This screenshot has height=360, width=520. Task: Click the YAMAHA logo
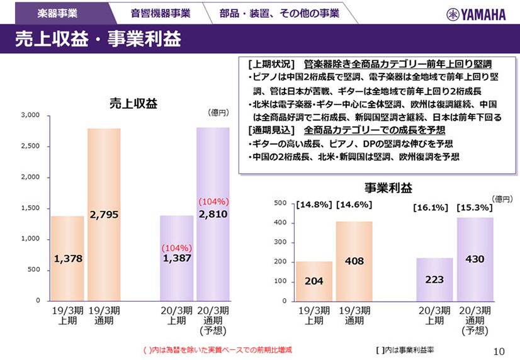[x=477, y=14]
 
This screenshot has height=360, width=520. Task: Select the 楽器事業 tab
[x=57, y=13]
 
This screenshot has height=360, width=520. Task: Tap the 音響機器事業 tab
[x=160, y=13]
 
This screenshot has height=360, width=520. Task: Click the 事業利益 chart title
[x=388, y=188]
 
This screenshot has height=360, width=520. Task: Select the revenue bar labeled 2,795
[x=104, y=214]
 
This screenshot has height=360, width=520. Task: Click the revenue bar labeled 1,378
[x=67, y=258]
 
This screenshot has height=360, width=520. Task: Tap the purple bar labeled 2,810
[x=213, y=214]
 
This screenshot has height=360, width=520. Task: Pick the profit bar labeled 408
[x=354, y=261]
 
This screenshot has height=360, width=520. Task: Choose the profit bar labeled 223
[x=434, y=279]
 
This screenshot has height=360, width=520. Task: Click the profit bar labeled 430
[x=475, y=259]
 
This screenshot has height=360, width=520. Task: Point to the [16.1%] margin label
[x=431, y=206]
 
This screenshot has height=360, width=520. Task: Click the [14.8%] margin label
[x=314, y=205]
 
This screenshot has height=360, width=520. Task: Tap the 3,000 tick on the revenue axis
[x=30, y=116]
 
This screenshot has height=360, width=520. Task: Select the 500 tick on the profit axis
[x=280, y=203]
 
